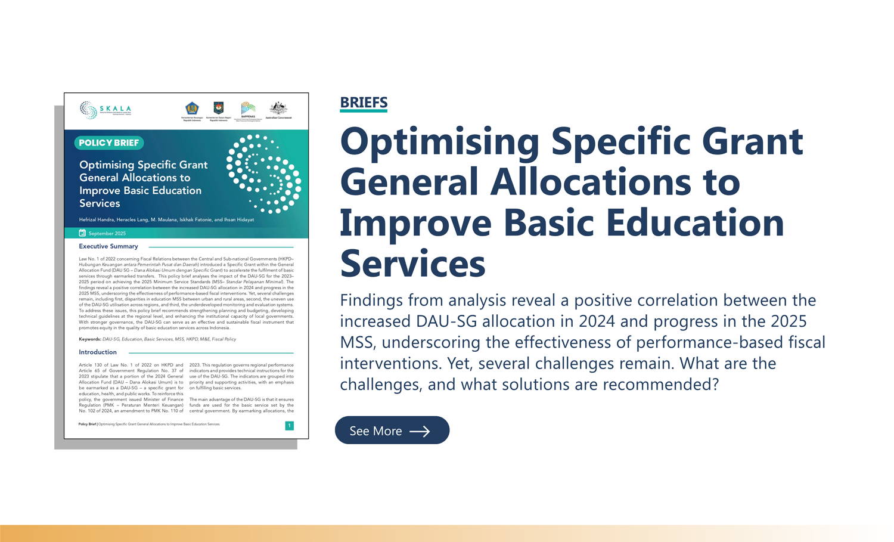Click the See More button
[x=392, y=430]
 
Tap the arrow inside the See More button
[x=420, y=431]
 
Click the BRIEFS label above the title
[x=364, y=103]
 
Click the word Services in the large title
[x=412, y=263]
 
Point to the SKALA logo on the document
[x=105, y=110]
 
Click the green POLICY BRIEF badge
[x=109, y=143]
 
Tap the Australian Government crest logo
[x=278, y=110]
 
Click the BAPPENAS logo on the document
[x=248, y=110]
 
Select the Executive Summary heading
[x=108, y=246]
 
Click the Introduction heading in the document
[x=98, y=352]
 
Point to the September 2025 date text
[x=107, y=233]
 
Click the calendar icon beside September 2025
[x=82, y=233]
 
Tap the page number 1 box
[x=289, y=425]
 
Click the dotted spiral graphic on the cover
[x=264, y=174]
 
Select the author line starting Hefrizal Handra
[x=166, y=219]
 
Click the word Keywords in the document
[x=89, y=339]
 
